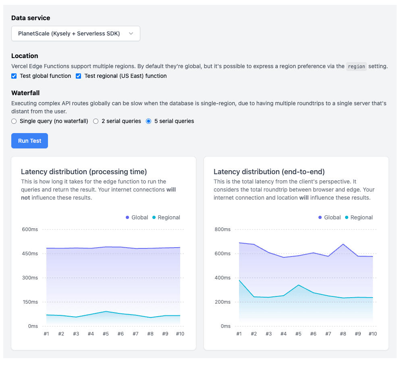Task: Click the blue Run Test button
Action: (x=29, y=141)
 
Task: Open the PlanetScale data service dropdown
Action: (x=75, y=33)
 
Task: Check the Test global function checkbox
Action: (x=14, y=76)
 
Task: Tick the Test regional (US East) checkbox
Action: (x=79, y=76)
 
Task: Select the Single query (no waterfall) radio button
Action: (x=14, y=121)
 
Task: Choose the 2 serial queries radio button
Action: (x=96, y=121)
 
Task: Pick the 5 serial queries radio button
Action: (x=149, y=121)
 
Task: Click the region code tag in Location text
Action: (x=356, y=67)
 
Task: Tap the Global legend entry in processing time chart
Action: (x=137, y=217)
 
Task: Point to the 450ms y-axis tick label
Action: (x=30, y=254)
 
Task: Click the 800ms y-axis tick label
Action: (x=223, y=229)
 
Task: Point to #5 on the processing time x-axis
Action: (x=106, y=334)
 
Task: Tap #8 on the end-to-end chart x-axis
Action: (x=343, y=334)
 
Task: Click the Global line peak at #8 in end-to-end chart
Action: (x=343, y=244)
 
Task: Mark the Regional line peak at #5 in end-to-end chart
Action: (x=298, y=285)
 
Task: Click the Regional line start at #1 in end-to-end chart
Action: (x=239, y=280)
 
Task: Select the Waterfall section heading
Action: (x=25, y=93)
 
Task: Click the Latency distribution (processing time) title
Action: (x=84, y=172)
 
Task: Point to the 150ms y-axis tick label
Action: (x=30, y=302)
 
